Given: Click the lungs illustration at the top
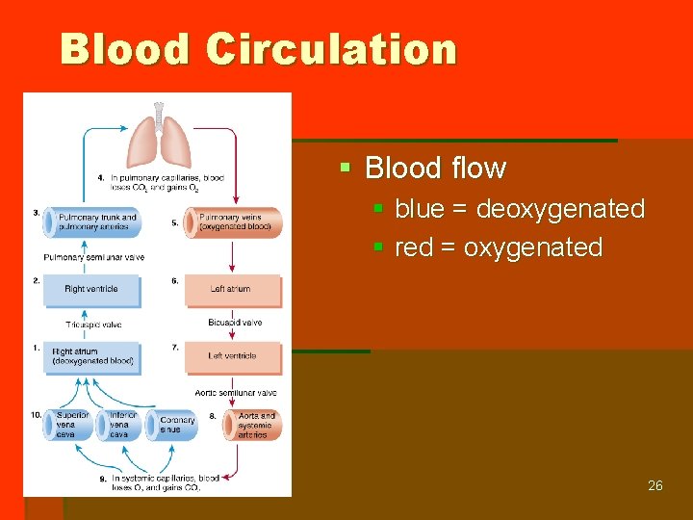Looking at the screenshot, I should click(158, 141).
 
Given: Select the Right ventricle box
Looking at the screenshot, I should click(91, 290).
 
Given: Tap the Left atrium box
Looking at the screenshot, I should click(232, 290).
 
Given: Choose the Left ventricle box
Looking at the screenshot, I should click(232, 356).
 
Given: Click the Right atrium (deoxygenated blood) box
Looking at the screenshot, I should click(92, 357).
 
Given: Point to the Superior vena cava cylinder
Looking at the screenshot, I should click(68, 425).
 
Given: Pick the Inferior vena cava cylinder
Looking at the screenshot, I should click(119, 425).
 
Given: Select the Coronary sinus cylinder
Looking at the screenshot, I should click(174, 425).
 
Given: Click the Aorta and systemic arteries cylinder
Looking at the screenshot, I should click(252, 425).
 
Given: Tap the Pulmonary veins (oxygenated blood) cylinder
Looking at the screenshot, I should click(236, 222).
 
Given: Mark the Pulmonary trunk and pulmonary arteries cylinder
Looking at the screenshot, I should click(92, 222).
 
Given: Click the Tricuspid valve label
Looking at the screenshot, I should click(93, 325).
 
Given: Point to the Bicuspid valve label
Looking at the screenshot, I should click(235, 323).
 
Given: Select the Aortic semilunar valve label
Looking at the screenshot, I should click(236, 393).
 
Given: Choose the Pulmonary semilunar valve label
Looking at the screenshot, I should click(93, 257).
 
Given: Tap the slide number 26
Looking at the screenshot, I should click(654, 485).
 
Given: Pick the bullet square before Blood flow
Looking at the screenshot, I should click(346, 169).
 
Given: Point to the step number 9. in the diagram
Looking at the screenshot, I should click(103, 478).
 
